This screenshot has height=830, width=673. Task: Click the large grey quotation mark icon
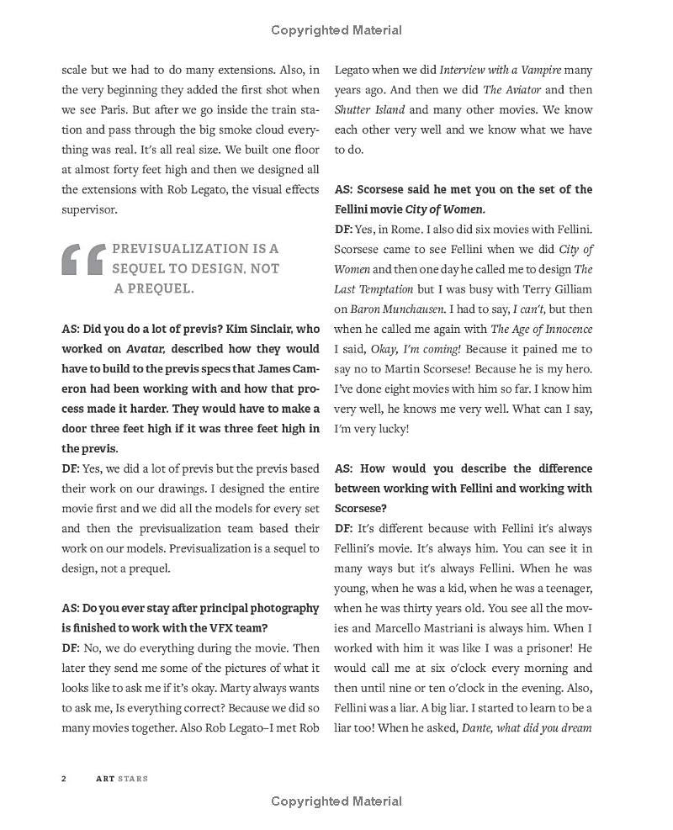click(82, 260)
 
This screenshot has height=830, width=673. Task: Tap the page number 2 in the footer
click(64, 779)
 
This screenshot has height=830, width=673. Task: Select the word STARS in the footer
click(132, 779)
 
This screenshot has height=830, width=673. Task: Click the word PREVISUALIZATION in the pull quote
click(178, 249)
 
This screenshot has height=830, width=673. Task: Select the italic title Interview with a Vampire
click(500, 69)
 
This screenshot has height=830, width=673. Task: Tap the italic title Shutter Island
click(369, 109)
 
